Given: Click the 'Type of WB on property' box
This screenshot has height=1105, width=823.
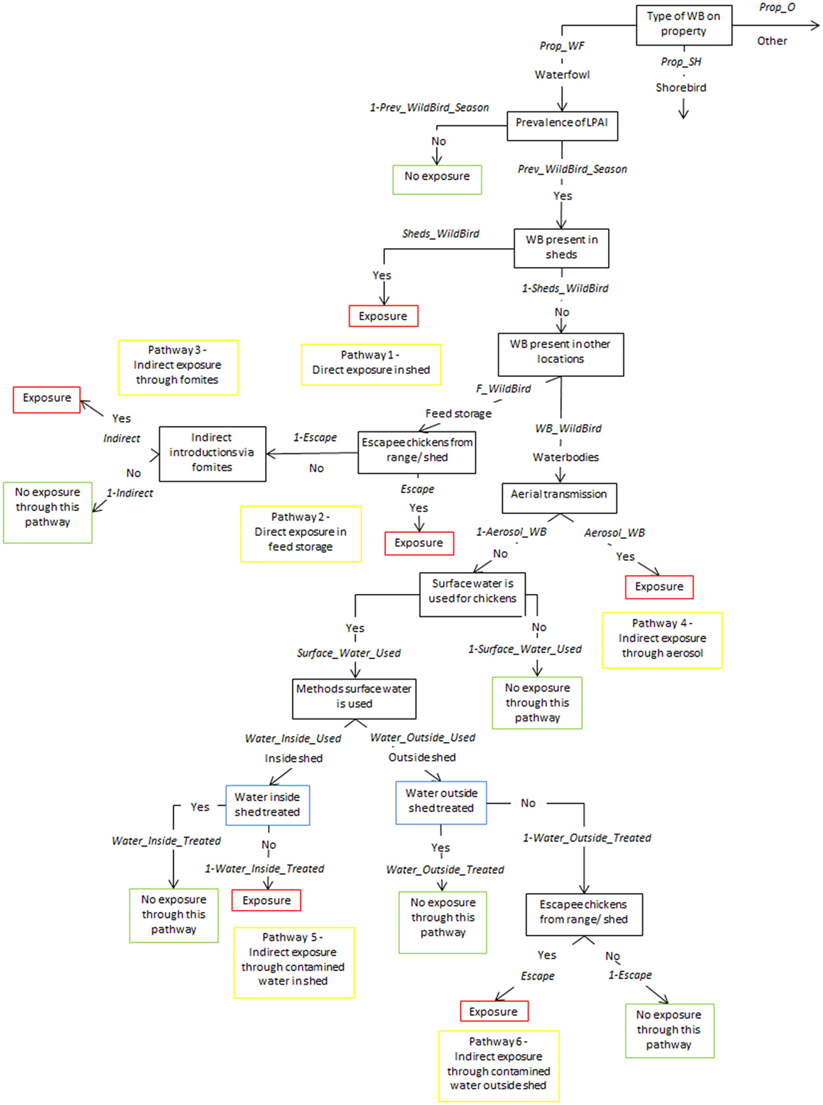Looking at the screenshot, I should (683, 24).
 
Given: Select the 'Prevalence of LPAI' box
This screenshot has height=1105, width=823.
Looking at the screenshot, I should (562, 125).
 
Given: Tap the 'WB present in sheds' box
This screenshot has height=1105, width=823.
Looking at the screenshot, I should (561, 247).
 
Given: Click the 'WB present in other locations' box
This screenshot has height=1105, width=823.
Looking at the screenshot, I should (560, 354).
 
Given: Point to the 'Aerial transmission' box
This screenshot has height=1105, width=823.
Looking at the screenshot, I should (559, 497).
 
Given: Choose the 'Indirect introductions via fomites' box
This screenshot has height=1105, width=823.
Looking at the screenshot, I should (212, 453).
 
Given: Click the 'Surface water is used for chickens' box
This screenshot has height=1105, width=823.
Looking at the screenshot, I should (472, 593).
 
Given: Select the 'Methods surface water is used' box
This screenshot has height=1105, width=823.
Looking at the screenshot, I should (354, 698).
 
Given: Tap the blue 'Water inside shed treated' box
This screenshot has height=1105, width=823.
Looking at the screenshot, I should (267, 805).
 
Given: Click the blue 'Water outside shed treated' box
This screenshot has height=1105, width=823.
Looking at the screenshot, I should (441, 802).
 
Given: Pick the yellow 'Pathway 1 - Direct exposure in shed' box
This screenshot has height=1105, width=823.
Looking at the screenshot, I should (371, 364).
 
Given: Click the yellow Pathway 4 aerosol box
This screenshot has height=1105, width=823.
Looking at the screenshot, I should (662, 640).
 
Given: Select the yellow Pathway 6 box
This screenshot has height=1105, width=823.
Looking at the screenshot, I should (498, 1065).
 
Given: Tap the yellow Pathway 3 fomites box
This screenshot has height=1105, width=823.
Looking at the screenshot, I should (177, 367).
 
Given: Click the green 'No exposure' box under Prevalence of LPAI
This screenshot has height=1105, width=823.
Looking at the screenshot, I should (437, 179).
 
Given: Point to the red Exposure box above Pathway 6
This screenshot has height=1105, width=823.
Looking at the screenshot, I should (493, 1011).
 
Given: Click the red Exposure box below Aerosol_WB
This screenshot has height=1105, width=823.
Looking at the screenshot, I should (659, 587).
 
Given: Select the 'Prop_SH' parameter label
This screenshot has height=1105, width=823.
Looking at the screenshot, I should (681, 62).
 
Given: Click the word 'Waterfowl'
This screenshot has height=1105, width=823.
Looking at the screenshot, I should (562, 74).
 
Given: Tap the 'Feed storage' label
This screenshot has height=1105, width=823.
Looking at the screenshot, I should (458, 414).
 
